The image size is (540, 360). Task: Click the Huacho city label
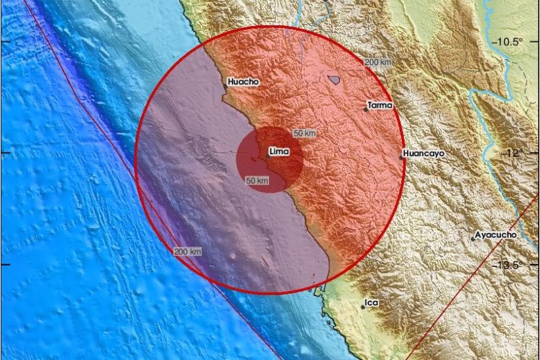(243, 83)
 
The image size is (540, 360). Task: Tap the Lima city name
(280, 152)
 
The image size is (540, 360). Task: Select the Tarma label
(381, 105)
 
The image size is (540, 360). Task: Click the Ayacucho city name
(496, 235)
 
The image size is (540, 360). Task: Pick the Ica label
(372, 303)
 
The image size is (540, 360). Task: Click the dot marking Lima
(268, 156)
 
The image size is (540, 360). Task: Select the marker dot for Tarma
(366, 110)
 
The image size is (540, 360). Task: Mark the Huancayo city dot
(401, 157)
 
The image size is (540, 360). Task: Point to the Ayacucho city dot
(473, 238)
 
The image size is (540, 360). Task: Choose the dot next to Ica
(363, 306)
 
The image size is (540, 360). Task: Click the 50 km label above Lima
(304, 134)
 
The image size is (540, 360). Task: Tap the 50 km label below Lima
(257, 181)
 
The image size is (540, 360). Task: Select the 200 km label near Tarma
(378, 62)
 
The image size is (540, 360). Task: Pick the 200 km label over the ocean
(188, 252)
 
